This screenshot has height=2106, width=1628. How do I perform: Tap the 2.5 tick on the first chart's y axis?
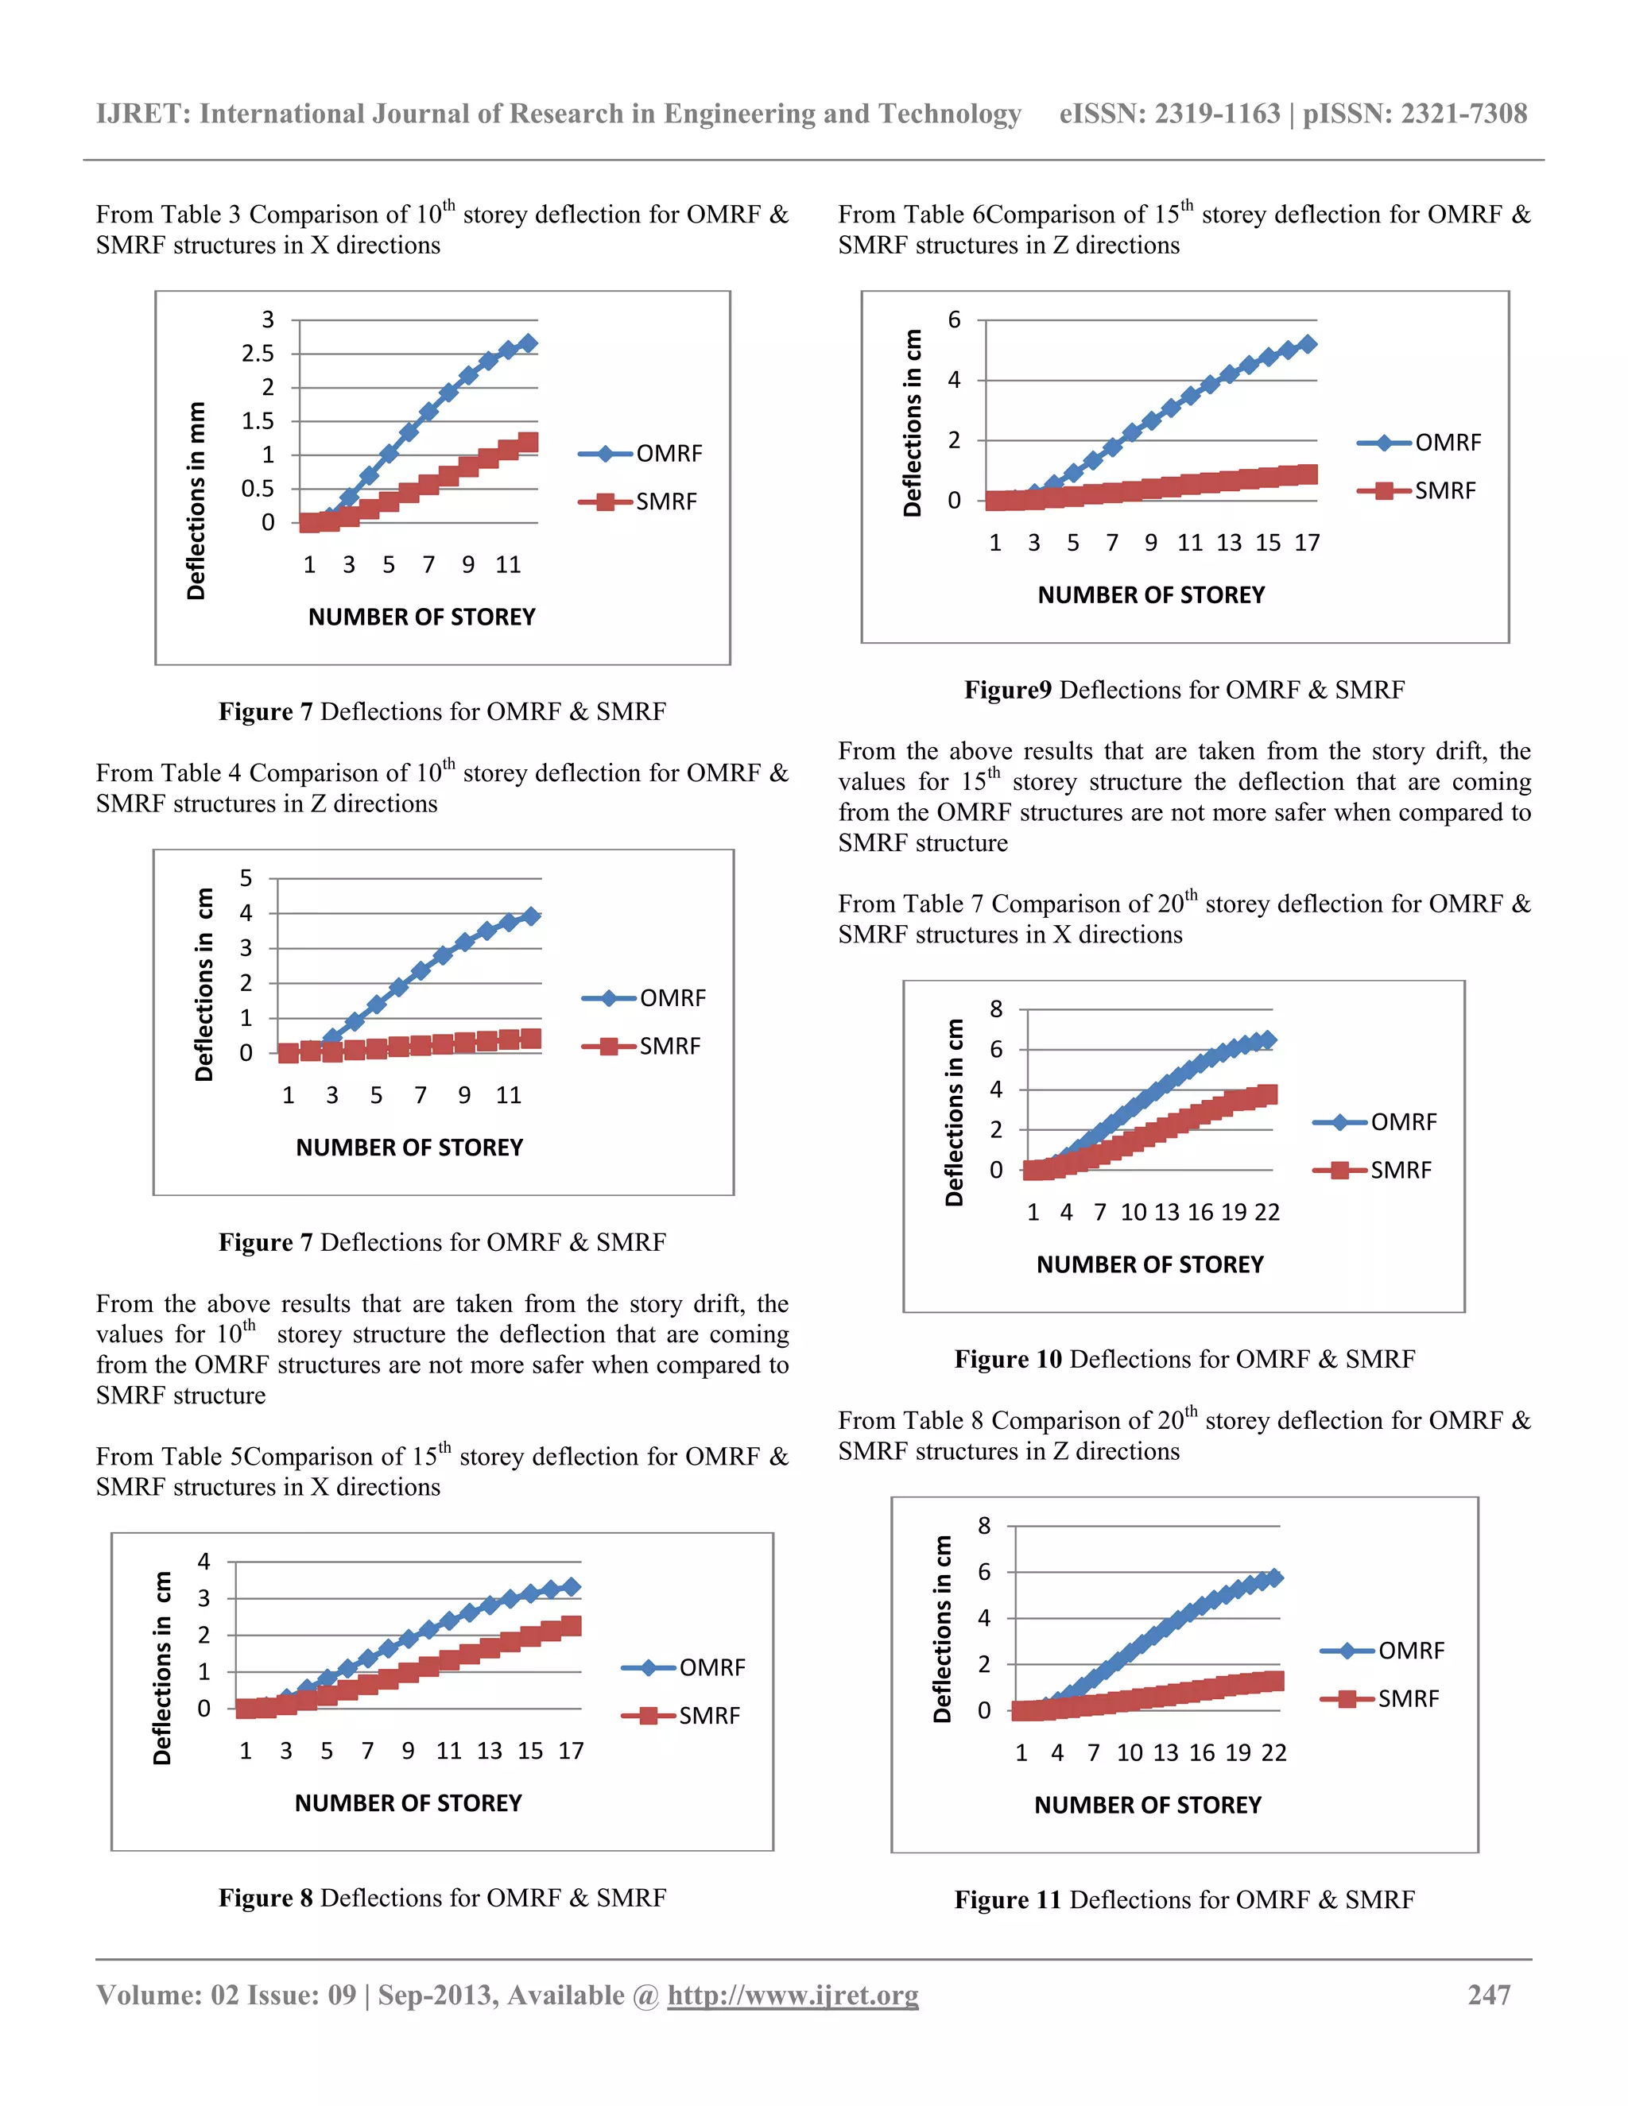(258, 354)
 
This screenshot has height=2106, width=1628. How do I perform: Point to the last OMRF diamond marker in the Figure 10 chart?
(1267, 1039)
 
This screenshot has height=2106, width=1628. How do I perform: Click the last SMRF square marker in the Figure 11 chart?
(1275, 1681)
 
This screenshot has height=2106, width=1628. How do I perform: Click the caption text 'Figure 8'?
(266, 1898)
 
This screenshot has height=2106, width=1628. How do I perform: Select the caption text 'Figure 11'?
(1007, 1899)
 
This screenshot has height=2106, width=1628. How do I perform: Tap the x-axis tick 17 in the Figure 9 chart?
(1306, 543)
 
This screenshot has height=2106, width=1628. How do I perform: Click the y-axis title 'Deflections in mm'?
(196, 501)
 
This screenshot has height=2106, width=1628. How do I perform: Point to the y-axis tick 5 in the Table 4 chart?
(246, 878)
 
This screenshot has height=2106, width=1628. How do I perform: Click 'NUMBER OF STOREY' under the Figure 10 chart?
(1149, 1264)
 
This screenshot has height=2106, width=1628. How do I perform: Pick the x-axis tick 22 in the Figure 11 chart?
(1273, 1752)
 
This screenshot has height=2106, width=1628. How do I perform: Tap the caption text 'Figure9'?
(1007, 690)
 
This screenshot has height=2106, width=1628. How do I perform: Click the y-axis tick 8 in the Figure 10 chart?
(995, 1009)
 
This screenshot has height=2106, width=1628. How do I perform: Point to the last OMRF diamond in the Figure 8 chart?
(570, 1587)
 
